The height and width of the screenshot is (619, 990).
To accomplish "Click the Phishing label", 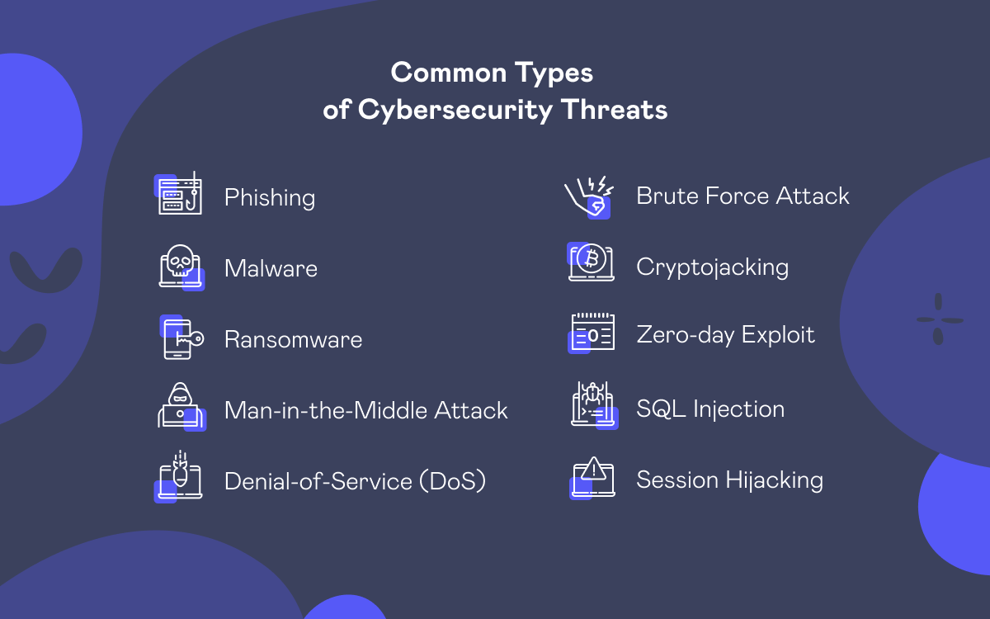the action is [x=270, y=197].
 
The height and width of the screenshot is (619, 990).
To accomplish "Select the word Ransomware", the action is [x=293, y=339].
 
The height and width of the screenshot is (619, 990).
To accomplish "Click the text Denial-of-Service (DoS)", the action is [x=355, y=481].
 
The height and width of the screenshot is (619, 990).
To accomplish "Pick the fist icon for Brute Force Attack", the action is [x=589, y=197].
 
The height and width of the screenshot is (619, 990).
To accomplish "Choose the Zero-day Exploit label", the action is [x=725, y=335].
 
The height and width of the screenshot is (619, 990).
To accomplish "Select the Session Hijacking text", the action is [x=729, y=480].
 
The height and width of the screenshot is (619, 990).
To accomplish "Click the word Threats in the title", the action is [x=614, y=110].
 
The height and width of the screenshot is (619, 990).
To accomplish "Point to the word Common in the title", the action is [x=448, y=73].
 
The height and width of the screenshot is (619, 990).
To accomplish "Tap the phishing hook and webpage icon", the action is [x=178, y=193].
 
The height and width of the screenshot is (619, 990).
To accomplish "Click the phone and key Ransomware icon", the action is [x=181, y=337].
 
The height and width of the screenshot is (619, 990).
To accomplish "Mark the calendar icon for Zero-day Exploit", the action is [x=592, y=333].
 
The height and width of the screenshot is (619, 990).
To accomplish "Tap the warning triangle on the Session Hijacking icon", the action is [x=593, y=469].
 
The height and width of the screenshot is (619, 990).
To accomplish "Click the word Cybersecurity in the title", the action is [x=455, y=111].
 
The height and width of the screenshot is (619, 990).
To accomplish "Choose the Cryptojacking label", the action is [x=713, y=267].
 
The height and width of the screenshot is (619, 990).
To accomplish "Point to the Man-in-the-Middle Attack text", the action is [x=366, y=410].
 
